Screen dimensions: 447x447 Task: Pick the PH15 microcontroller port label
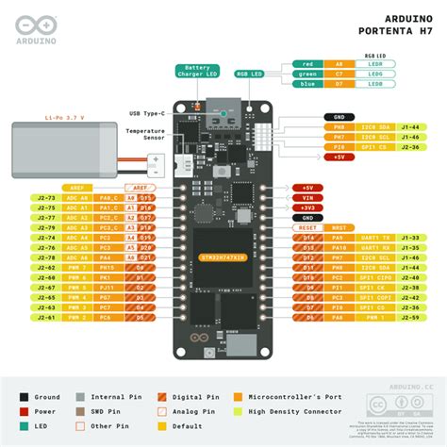point(109,267)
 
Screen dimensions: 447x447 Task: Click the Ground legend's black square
point(25,397)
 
